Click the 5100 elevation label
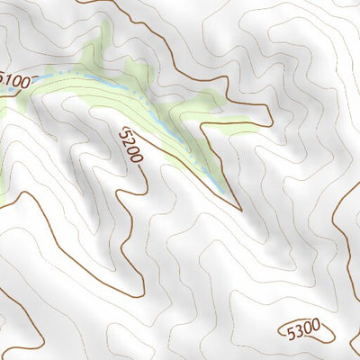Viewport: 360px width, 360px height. click(16, 82)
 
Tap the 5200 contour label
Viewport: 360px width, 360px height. click(130, 144)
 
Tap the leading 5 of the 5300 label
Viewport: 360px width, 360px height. click(291, 332)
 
